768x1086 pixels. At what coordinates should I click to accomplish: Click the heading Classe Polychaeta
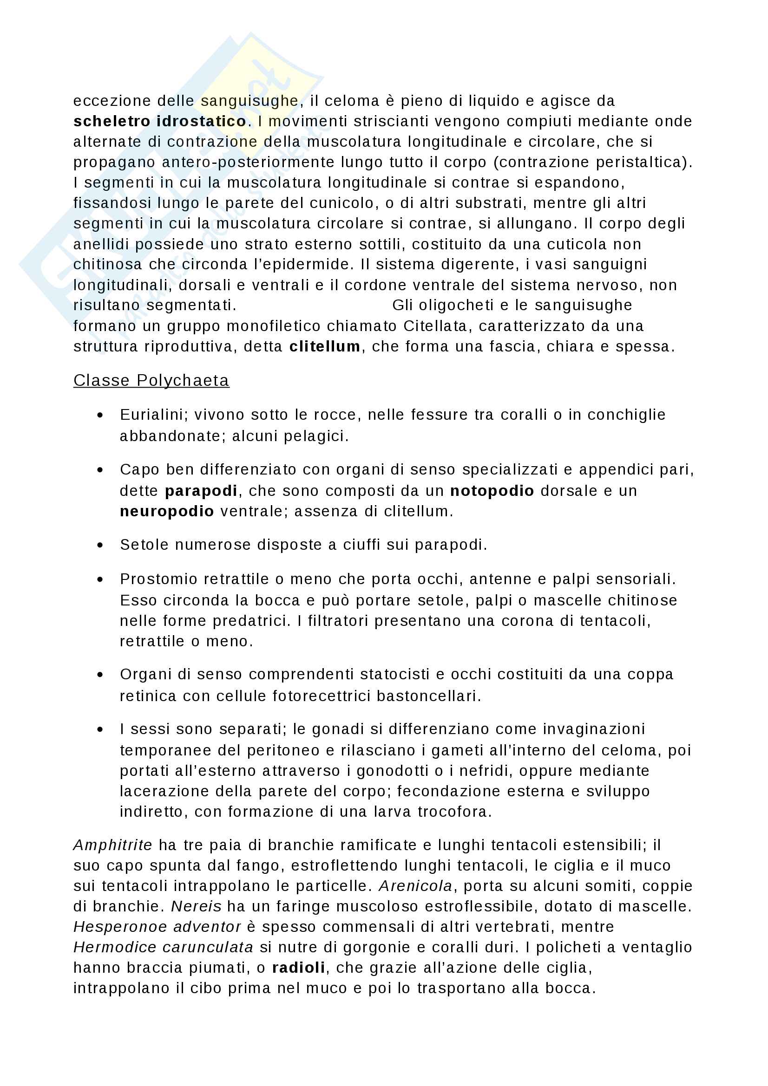pyautogui.click(x=151, y=380)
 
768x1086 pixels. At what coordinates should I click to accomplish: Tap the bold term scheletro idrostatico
pyautogui.click(x=159, y=122)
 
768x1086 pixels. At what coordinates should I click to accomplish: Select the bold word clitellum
pyautogui.click(x=325, y=347)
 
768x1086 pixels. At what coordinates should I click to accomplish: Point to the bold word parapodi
pyautogui.click(x=201, y=490)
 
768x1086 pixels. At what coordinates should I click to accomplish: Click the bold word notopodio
pyautogui.click(x=492, y=490)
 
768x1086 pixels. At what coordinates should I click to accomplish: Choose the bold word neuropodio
pyautogui.click(x=167, y=511)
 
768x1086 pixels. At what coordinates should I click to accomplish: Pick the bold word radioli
pyautogui.click(x=298, y=968)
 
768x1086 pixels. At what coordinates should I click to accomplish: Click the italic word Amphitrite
pyautogui.click(x=112, y=845)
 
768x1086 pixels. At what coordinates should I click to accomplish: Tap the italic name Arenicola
pyautogui.click(x=415, y=886)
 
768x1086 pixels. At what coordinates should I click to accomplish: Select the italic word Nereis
pyautogui.click(x=196, y=906)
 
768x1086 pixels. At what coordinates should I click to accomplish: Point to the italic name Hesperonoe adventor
pyautogui.click(x=157, y=927)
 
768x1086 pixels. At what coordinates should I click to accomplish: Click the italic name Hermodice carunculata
pyautogui.click(x=163, y=948)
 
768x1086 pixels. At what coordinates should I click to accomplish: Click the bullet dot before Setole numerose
pyautogui.click(x=100, y=545)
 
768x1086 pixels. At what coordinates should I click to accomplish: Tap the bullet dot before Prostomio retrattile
pyautogui.click(x=100, y=579)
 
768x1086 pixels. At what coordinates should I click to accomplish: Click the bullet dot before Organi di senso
pyautogui.click(x=100, y=675)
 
